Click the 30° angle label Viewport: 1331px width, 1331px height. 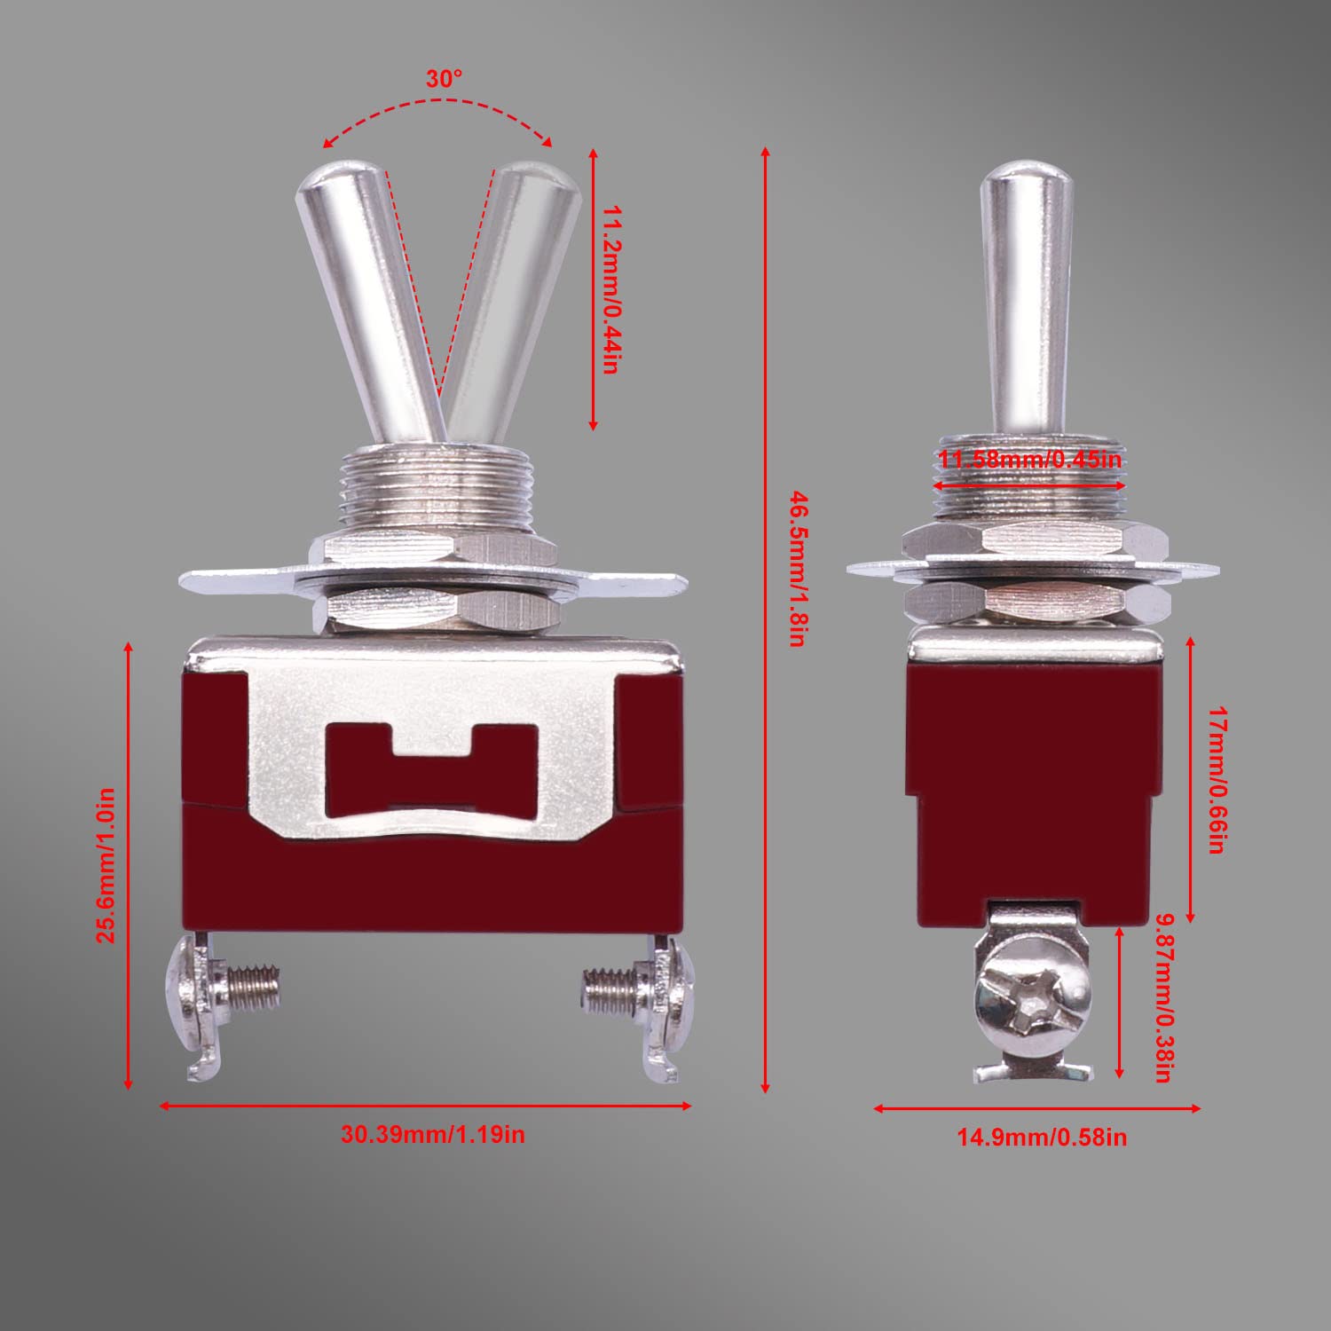[x=444, y=79]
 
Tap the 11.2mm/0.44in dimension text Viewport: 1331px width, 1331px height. [x=610, y=290]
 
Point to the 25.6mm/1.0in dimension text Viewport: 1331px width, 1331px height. [x=106, y=864]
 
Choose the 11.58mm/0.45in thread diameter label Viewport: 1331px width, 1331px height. [x=1030, y=460]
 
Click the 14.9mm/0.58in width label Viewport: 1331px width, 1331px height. [x=1041, y=1137]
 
